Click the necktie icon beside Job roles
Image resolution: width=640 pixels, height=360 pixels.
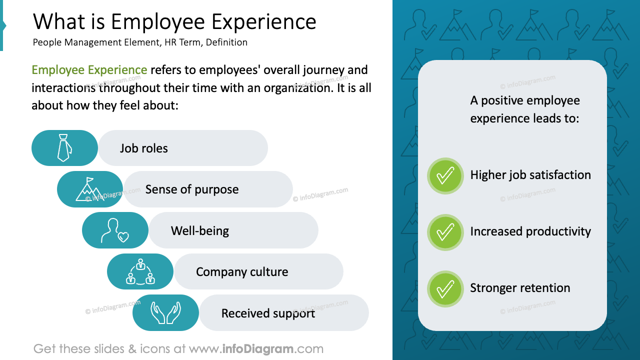(63, 148)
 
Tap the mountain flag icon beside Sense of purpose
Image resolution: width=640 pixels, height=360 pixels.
(88, 189)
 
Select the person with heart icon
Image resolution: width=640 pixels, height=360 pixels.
(114, 230)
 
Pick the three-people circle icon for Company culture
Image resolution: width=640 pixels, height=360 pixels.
(140, 271)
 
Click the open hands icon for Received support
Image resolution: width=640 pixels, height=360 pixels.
(165, 313)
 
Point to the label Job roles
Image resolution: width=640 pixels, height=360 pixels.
(143, 148)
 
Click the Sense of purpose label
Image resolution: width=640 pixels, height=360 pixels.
(191, 189)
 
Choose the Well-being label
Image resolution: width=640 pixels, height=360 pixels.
(199, 231)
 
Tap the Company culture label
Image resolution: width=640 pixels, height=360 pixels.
(242, 272)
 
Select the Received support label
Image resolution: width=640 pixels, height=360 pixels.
(268, 313)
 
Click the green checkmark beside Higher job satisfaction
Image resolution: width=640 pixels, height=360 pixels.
(445, 175)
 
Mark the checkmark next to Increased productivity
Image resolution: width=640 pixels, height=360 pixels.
(445, 232)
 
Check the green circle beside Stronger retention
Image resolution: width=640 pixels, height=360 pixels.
(445, 288)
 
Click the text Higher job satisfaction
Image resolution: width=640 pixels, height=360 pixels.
(530, 175)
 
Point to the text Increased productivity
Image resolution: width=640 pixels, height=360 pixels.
(530, 231)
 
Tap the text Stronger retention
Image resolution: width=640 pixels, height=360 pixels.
(520, 288)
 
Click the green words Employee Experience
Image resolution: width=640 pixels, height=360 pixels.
(89, 70)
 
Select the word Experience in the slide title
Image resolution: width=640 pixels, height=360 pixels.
(263, 22)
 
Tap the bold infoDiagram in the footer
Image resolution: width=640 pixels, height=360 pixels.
(258, 348)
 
